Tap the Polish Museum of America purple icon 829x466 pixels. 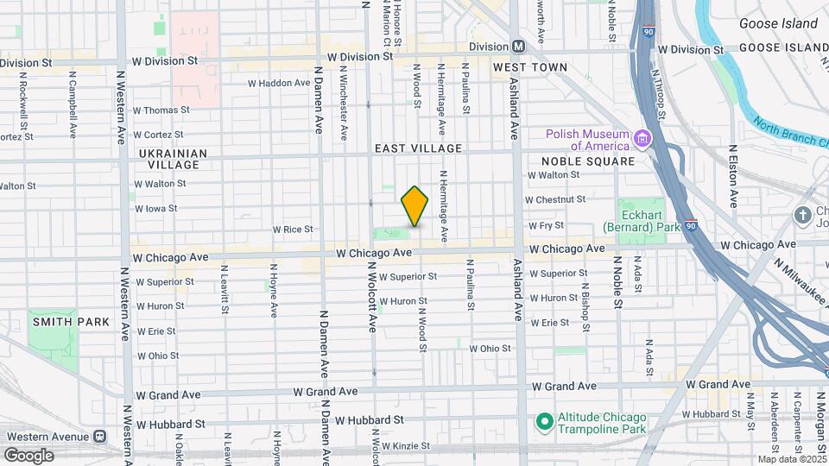[642, 139]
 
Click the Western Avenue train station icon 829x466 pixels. [100, 436]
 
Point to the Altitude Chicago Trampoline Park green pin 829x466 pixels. [544, 422]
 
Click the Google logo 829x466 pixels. [28, 455]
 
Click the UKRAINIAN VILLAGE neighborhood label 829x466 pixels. [173, 159]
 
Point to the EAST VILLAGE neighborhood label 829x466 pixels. [418, 148]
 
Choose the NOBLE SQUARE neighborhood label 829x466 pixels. [587, 161]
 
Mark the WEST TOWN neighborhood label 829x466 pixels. [529, 67]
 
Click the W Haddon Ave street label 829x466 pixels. [278, 84]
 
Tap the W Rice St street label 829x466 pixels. [292, 230]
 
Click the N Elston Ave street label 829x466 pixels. [732, 176]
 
